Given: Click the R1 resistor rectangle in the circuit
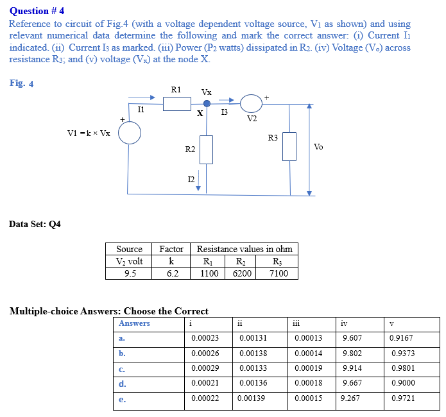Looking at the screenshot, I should point(176,103).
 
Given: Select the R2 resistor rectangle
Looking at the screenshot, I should point(206,149).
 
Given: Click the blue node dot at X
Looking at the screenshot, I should point(207,103).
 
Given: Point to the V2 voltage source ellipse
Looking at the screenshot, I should point(251,103).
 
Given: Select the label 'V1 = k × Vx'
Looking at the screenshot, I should point(89,133).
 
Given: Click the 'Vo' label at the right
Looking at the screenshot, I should point(318,147).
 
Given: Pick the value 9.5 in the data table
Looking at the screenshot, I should point(130,273).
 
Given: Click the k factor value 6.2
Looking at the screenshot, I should point(172,273).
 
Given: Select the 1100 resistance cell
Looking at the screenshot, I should point(209,273).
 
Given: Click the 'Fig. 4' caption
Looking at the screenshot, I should point(22,83).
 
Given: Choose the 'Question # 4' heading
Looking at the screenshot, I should point(37,11).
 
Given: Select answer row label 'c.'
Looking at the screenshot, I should point(122,368).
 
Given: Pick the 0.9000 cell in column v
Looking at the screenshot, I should point(402,384).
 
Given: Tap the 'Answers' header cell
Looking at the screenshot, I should point(134,323).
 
